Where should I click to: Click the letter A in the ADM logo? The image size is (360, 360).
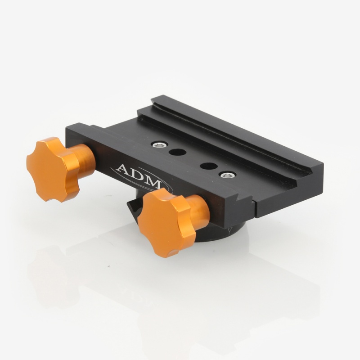point(122,170)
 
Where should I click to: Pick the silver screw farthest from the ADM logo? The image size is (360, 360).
point(228,175)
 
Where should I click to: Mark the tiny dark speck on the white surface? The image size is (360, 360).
point(108,266)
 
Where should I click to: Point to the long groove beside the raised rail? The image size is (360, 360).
point(225,135)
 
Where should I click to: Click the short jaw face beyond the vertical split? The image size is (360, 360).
point(288,193)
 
